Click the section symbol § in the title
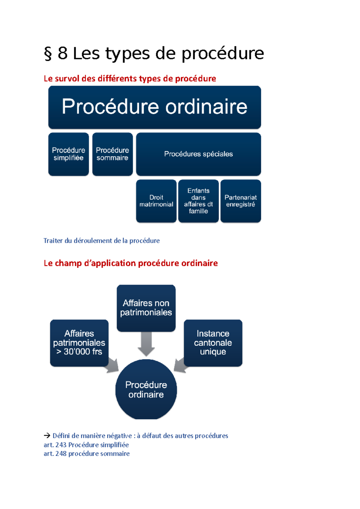(x=48, y=54)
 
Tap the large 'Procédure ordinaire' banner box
(x=154, y=107)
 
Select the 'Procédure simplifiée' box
(x=68, y=154)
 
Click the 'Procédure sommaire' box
(x=112, y=154)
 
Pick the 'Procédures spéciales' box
(x=198, y=154)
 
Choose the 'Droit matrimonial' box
(x=156, y=201)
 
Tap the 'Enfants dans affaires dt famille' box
(x=198, y=201)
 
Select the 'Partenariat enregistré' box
(x=241, y=201)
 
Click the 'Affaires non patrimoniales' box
(x=146, y=308)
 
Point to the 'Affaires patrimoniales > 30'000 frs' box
(x=79, y=343)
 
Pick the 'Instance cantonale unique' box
(x=213, y=343)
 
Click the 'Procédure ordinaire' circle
(x=146, y=389)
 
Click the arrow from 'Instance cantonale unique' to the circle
(x=180, y=366)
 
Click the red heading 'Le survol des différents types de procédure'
(x=130, y=79)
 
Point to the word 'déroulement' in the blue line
(x=93, y=241)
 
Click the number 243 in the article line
(x=61, y=445)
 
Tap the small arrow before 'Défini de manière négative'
(x=47, y=436)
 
